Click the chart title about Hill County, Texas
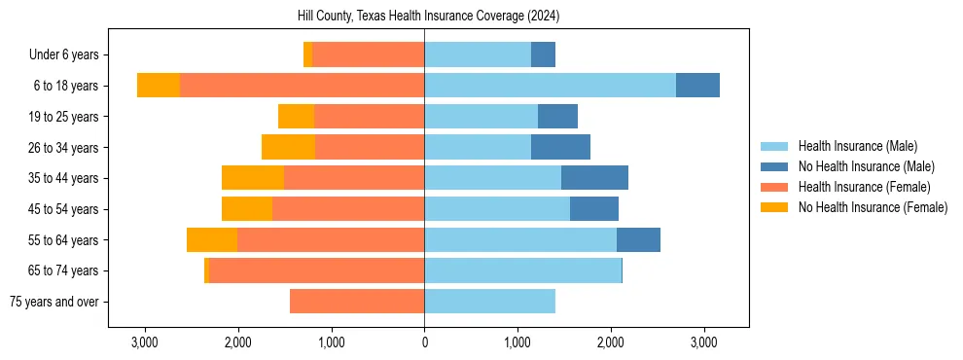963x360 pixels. (428, 17)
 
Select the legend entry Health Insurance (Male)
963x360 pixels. (856, 146)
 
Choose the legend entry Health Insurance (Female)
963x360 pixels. (864, 187)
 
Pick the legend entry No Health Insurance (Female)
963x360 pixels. (873, 207)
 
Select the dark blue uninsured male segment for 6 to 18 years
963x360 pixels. (697, 86)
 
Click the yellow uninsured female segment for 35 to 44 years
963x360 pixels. (253, 178)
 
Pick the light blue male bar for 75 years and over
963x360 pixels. (489, 302)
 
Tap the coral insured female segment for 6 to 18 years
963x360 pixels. (302, 86)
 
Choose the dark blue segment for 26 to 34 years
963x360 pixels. (560, 147)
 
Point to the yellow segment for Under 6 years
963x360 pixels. (308, 54)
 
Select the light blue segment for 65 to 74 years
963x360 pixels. (522, 270)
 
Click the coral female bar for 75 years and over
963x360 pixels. (357, 302)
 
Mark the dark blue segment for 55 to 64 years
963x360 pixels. (638, 239)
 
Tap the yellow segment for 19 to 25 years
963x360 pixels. (296, 117)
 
